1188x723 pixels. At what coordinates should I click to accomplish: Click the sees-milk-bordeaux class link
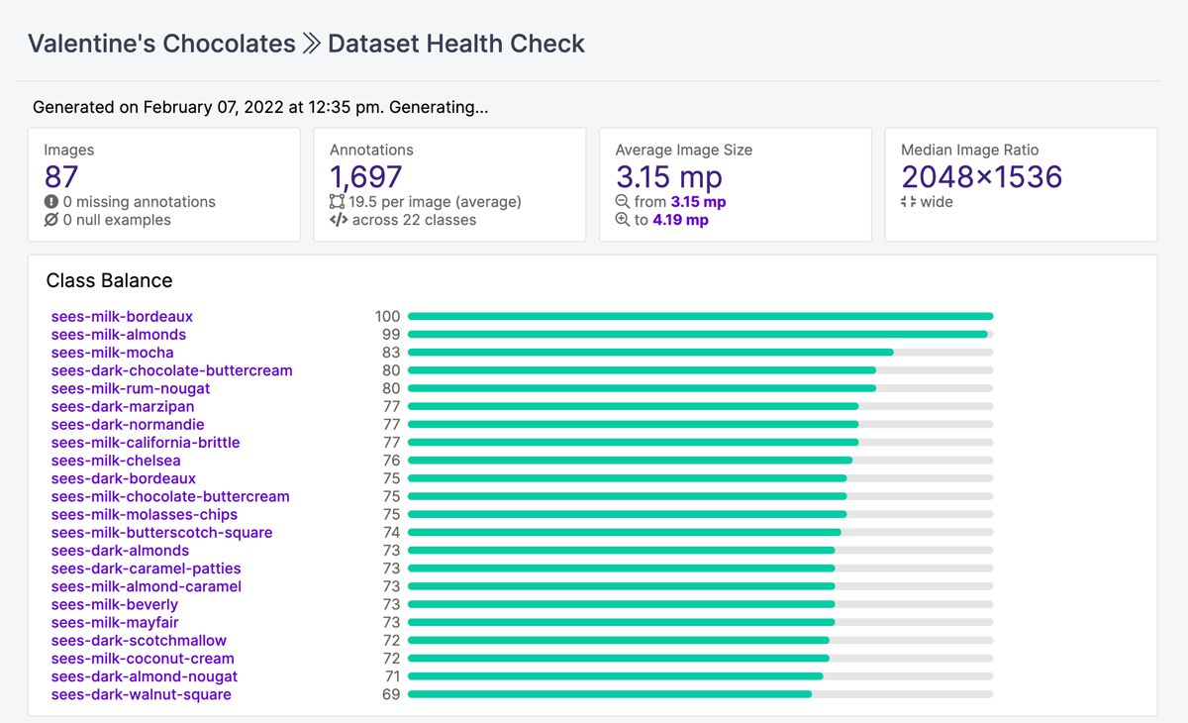[122, 317]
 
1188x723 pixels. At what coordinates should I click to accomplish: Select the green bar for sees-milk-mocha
[650, 353]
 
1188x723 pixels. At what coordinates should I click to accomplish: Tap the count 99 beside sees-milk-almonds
[391, 335]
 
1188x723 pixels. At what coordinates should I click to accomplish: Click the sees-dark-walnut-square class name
[141, 695]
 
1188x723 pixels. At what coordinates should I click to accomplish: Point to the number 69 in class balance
[391, 695]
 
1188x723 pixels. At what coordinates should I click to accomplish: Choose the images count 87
[61, 177]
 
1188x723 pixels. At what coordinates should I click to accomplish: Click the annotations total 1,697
[366, 177]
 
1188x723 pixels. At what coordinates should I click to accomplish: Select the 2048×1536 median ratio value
[981, 177]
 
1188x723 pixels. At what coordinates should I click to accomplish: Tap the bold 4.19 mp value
[680, 220]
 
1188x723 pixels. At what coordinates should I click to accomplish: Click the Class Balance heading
[109, 280]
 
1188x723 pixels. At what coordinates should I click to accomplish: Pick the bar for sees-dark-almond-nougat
[615, 676]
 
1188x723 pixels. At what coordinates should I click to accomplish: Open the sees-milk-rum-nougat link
[131, 388]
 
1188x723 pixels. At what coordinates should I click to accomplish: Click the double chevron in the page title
[312, 44]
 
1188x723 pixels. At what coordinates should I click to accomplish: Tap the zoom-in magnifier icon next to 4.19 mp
[623, 220]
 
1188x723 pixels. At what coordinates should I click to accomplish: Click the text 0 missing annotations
[139, 202]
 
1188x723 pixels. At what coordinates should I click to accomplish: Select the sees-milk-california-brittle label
[146, 443]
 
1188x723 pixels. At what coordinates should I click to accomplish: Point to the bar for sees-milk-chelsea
[630, 461]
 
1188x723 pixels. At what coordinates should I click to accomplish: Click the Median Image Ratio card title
[969, 151]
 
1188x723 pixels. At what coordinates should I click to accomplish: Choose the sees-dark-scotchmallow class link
[139, 641]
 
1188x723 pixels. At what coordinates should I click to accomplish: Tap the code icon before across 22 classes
[339, 220]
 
